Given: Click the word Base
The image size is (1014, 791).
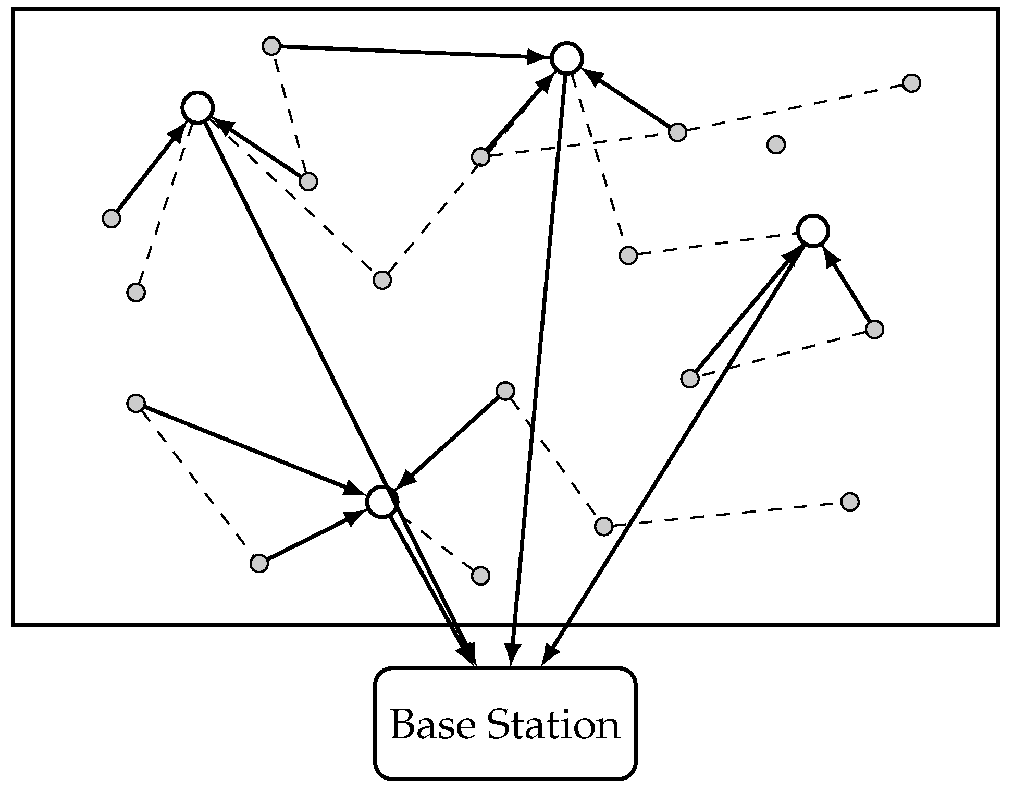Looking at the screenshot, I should [432, 725].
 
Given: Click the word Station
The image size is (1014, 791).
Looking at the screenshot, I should [553, 725].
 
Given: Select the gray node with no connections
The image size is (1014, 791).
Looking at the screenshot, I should [776, 144].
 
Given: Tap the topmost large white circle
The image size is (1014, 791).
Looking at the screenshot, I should [566, 58].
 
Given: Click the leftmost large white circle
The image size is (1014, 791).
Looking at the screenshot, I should [197, 107].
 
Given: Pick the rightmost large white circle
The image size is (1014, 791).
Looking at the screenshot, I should [812, 231].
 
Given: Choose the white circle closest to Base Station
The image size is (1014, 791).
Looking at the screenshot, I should [382, 502].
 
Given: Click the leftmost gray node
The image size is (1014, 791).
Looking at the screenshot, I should [111, 218].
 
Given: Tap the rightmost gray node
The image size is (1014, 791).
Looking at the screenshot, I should [911, 83].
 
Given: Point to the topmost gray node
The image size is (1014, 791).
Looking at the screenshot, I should [271, 46].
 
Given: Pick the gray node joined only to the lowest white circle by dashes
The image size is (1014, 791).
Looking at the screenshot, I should [480, 576].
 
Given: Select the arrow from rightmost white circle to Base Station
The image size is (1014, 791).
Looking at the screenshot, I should [677, 448].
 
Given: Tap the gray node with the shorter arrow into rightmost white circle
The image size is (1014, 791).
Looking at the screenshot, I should [874, 330].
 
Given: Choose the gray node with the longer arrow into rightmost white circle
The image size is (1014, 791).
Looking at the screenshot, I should [689, 379].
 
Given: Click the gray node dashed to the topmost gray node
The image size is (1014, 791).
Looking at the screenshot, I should [308, 181].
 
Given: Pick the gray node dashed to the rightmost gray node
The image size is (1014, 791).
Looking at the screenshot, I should [677, 132].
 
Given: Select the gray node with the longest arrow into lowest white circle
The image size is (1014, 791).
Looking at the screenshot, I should [136, 403].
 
